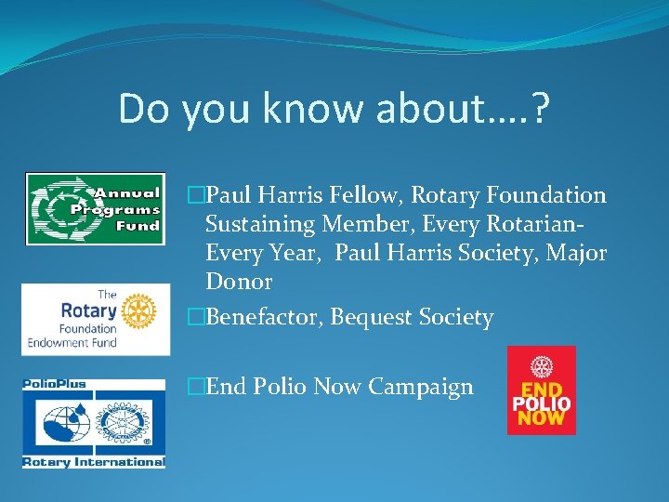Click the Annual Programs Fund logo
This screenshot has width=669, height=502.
(x=94, y=209)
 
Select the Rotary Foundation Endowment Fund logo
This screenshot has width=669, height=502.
(x=96, y=319)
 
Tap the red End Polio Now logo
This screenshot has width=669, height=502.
(x=541, y=390)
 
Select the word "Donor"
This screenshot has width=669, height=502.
(x=239, y=282)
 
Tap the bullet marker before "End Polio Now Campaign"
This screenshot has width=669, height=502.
(x=195, y=387)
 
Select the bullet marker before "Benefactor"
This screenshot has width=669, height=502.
(x=195, y=317)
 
